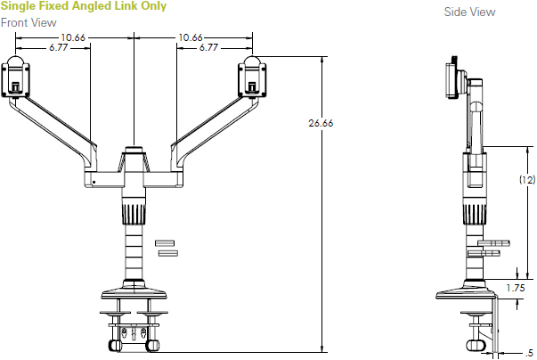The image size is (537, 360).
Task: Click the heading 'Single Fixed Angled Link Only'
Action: [83, 7]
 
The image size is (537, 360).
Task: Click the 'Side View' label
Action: [469, 12]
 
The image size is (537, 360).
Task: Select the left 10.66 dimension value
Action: [74, 37]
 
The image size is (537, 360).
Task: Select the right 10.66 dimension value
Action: [191, 37]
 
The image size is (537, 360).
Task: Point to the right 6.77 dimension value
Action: [209, 47]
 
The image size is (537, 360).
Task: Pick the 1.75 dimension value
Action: [515, 288]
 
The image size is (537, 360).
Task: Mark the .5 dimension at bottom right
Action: [530, 351]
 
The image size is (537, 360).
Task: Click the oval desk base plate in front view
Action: [134, 291]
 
